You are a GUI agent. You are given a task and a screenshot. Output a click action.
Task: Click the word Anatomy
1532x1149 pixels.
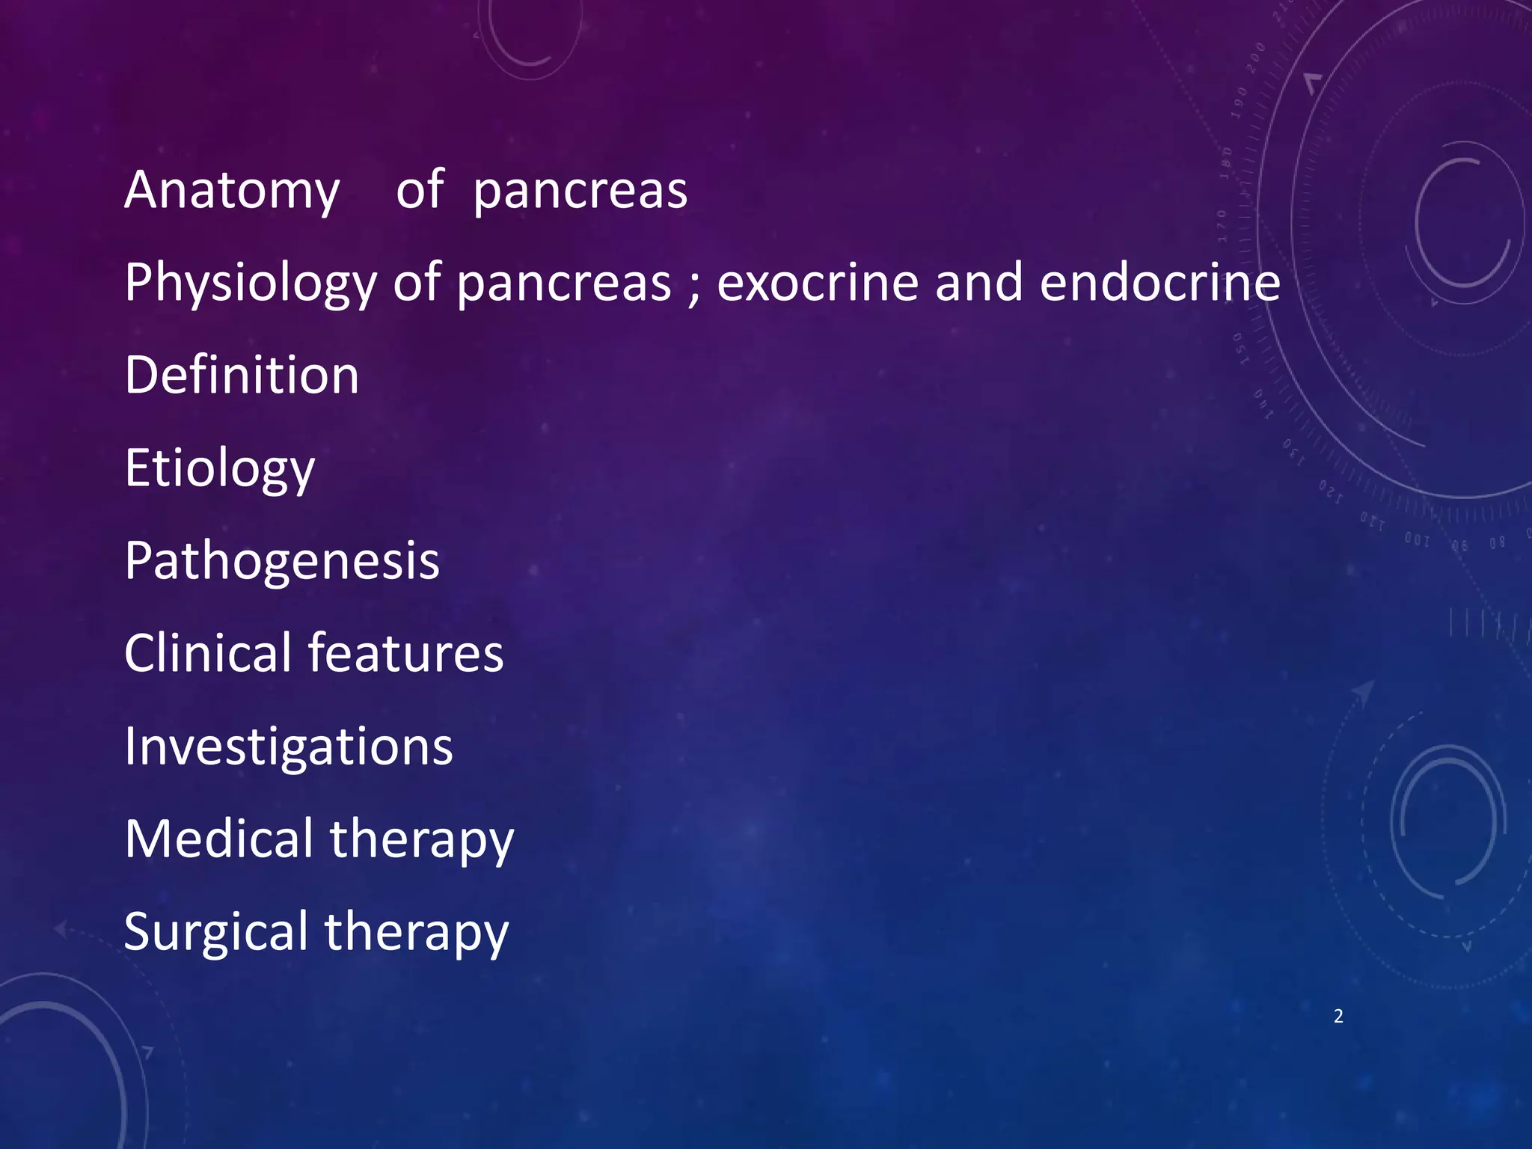tap(232, 191)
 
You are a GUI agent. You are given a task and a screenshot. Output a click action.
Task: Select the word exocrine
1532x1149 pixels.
tap(818, 283)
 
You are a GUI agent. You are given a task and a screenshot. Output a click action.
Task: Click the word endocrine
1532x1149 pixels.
tap(1159, 283)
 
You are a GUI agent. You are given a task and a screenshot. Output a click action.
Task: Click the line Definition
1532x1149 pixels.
tap(242, 376)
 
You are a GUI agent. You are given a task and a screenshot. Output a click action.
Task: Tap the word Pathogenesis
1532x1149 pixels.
tap(282, 561)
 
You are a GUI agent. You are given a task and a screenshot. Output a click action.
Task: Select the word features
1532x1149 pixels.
tap(406, 653)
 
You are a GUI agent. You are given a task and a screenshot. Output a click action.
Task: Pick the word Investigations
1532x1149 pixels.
tap(289, 747)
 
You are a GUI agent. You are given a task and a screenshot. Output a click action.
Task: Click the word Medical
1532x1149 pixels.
tap(219, 839)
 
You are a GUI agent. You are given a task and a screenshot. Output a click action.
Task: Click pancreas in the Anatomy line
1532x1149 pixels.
tap(580, 191)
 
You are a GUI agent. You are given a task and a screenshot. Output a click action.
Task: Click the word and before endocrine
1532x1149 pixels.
tap(978, 283)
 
